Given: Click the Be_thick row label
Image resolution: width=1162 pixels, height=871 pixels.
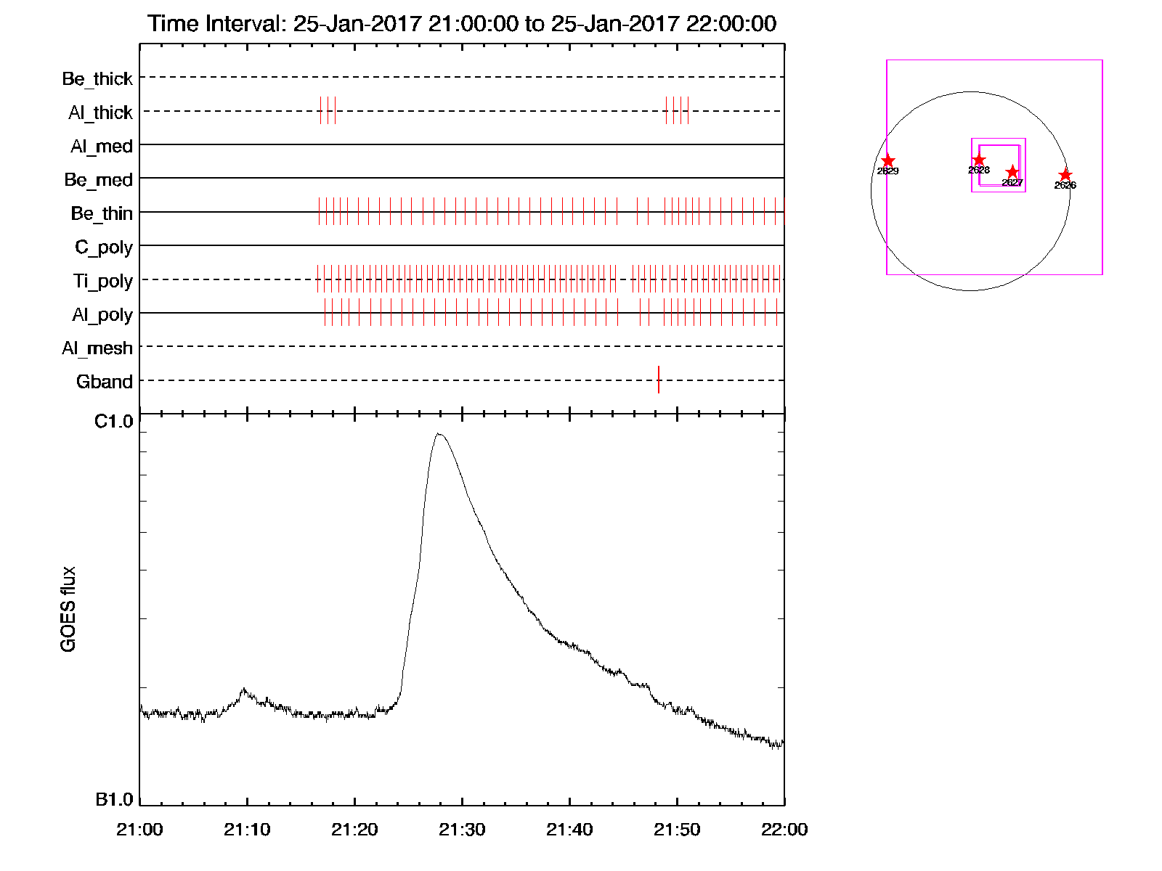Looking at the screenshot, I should (x=97, y=78).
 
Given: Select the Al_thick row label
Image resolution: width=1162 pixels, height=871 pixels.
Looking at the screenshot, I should (x=100, y=113).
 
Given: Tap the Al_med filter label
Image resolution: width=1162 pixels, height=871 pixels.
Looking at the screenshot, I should (x=101, y=147).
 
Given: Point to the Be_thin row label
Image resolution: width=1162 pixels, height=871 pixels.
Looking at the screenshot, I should (x=102, y=213).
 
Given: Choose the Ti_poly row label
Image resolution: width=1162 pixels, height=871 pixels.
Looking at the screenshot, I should (x=102, y=281).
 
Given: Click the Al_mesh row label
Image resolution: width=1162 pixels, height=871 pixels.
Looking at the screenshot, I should (x=97, y=348).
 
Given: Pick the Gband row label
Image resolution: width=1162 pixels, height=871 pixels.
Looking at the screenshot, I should (x=105, y=382).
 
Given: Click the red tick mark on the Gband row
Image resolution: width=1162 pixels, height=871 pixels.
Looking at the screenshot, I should (x=659, y=380).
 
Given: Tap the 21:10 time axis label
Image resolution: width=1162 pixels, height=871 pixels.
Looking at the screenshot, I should (x=247, y=830).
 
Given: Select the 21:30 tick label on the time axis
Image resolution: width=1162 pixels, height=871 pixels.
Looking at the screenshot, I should (x=462, y=830).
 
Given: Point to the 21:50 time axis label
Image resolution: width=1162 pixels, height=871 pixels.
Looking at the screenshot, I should (x=677, y=830).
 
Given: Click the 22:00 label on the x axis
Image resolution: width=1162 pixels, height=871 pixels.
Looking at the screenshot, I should (x=784, y=830).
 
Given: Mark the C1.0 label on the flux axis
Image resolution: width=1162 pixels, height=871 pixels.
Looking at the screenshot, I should (x=114, y=422).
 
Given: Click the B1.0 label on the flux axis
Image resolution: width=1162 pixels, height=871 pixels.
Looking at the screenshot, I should (x=114, y=800).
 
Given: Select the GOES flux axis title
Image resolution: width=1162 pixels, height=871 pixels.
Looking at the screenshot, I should (x=68, y=609).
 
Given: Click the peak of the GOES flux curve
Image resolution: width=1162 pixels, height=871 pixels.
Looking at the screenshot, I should (x=438, y=434).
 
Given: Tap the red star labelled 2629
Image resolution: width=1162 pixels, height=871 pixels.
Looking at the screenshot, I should (x=887, y=161).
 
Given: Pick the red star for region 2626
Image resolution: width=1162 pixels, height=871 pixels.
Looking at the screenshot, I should (x=1065, y=175).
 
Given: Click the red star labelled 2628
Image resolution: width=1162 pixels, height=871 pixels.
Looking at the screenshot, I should (x=979, y=160).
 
